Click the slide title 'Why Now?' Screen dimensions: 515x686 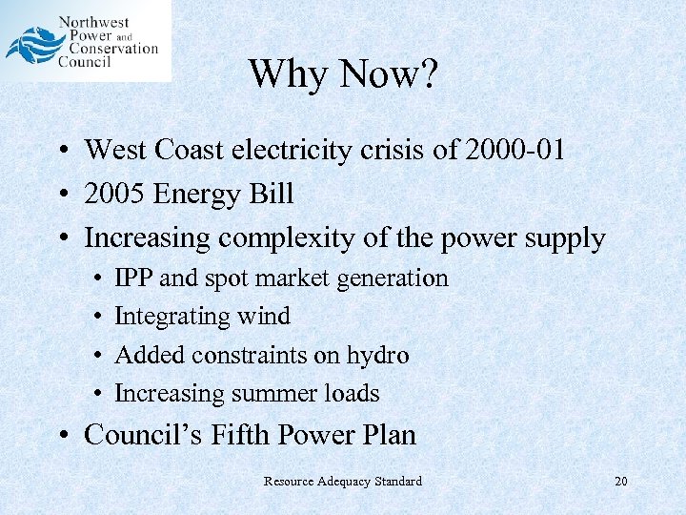(x=343, y=73)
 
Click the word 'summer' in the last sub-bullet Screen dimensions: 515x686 (x=276, y=393)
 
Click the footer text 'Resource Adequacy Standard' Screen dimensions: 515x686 (x=343, y=482)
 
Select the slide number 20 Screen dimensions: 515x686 (x=620, y=482)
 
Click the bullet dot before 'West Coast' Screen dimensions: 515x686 (x=59, y=151)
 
